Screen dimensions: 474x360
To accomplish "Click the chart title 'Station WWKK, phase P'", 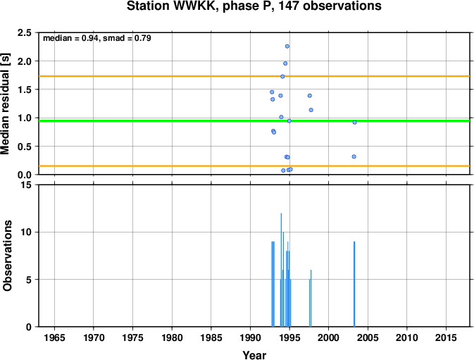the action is [x=199, y=6].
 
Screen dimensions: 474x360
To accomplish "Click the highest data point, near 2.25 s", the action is [x=287, y=46].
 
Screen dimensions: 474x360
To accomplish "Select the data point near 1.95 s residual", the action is [x=285, y=63].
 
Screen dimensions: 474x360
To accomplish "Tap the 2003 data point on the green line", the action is [x=354, y=123].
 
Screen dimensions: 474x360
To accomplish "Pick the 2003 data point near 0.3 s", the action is [x=354, y=156].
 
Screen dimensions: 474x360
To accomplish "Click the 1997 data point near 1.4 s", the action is [x=310, y=96].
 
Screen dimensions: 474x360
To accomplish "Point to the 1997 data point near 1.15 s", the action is [x=311, y=110].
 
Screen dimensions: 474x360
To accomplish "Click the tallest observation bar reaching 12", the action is [x=281, y=270].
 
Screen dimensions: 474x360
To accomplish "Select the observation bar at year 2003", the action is [x=354, y=284].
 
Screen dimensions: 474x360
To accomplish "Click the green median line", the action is [x=254, y=121].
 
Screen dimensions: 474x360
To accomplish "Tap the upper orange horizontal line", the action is [x=254, y=76].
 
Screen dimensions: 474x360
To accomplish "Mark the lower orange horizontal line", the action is [x=254, y=166].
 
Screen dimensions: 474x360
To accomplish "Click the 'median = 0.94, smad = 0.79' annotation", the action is [x=97, y=38].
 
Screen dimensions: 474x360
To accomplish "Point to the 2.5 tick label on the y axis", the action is [x=25, y=32].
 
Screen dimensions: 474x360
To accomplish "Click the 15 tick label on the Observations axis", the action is [x=27, y=185].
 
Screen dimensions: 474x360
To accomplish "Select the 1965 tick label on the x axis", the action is [x=54, y=337].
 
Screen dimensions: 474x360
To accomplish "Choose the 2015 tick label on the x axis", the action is [x=446, y=337].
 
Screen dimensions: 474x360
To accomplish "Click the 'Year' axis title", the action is [x=254, y=355].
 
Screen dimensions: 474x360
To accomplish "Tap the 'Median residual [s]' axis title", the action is [x=6, y=104].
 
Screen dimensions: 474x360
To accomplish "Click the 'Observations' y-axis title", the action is [x=7, y=256].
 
